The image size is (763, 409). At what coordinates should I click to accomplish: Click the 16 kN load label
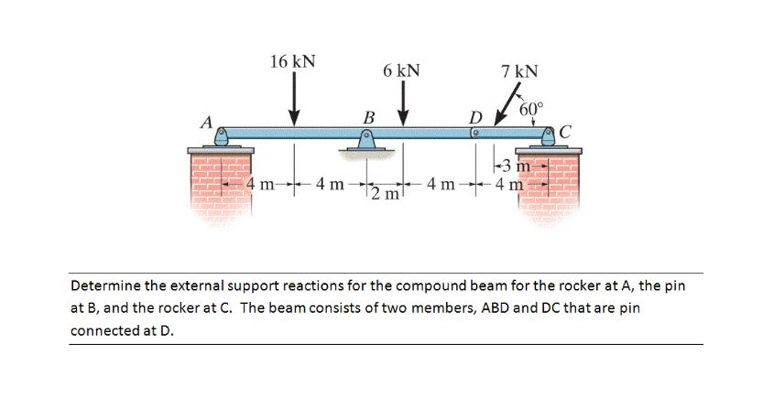pyautogui.click(x=292, y=61)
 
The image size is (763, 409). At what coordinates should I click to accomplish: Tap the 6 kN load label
pyautogui.click(x=402, y=71)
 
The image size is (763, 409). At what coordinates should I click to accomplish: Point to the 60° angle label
pyautogui.click(x=532, y=109)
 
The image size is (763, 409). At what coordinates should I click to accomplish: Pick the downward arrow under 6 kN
pyautogui.click(x=403, y=104)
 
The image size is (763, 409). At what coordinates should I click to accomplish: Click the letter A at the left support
pyautogui.click(x=206, y=121)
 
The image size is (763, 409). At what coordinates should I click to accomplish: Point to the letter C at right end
pyautogui.click(x=564, y=134)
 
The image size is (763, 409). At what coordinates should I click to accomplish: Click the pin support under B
pyautogui.click(x=366, y=139)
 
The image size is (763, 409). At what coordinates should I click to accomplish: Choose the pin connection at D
pyautogui.click(x=475, y=133)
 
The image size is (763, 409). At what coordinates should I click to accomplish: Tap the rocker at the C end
pyautogui.click(x=549, y=136)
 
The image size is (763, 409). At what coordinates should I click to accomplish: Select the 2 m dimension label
pyautogui.click(x=384, y=195)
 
